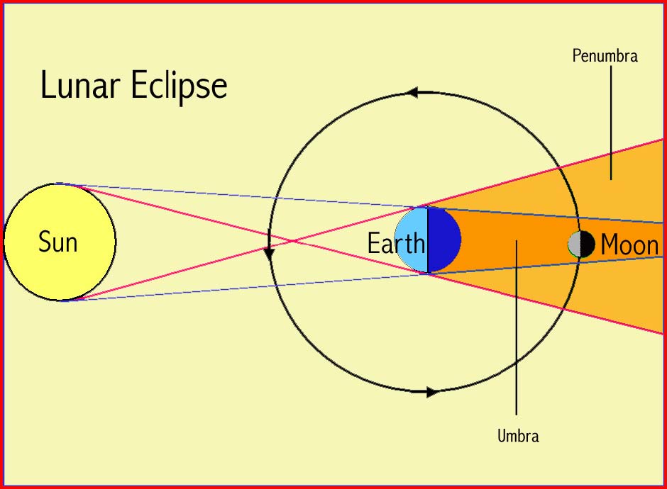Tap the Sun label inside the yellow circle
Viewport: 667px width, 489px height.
pos(58,242)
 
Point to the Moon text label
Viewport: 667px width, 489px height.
pos(629,244)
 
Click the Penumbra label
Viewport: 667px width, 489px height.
pos(605,56)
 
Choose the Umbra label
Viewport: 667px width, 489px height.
pos(518,435)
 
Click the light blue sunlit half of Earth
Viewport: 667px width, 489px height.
pos(412,240)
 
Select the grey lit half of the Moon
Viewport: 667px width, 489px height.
pos(575,244)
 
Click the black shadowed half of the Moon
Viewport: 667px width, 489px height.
pos(588,244)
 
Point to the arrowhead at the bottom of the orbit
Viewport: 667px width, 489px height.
pos(432,392)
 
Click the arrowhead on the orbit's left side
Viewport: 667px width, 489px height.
pos(269,254)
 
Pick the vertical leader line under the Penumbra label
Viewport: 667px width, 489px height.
pos(611,123)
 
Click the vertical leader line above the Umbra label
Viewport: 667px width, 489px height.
pos(517,327)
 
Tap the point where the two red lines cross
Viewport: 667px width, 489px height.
pos(292,242)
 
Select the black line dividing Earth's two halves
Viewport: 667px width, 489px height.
pos(427,240)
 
